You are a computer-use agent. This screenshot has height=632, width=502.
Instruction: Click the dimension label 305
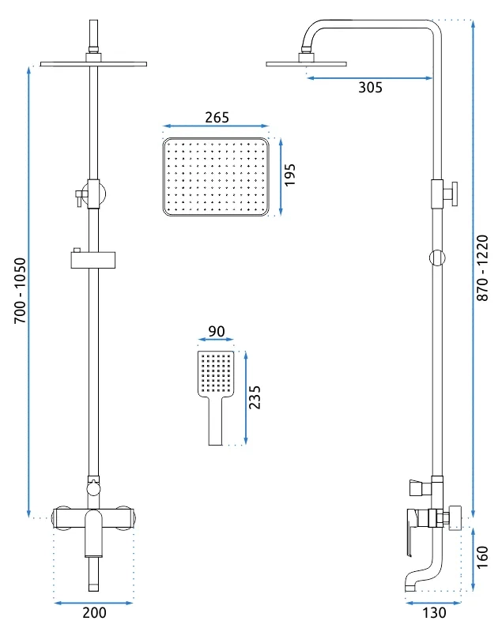coord(370,88)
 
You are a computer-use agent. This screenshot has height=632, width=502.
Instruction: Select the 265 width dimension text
coord(217,117)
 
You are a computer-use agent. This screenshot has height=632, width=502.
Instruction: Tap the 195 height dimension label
coord(289,175)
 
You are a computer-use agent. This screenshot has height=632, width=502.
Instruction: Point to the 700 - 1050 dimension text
coord(20,290)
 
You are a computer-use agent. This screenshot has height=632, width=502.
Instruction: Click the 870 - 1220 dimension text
coord(482,268)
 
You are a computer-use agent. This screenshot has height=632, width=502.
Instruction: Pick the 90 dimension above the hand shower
coord(217,331)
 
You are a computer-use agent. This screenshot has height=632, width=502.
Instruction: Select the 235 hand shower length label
coord(255,397)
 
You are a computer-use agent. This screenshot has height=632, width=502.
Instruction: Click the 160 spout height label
coord(482,558)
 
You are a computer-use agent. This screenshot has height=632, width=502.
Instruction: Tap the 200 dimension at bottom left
coord(94,613)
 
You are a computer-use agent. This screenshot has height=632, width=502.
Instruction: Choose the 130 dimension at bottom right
coord(434,613)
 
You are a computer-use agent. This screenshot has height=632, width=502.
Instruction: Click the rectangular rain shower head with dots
coord(216,177)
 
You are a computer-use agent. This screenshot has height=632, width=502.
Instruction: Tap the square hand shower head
coord(216,373)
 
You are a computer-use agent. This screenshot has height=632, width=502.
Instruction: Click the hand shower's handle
coord(216,421)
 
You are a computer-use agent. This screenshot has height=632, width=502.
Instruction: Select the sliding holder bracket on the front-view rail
coord(93,258)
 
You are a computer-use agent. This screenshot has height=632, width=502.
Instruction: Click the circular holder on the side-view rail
coord(437,258)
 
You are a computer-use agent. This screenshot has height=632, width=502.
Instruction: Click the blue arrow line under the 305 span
coord(369,77)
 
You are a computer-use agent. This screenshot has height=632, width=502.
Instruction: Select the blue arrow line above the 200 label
coord(93,603)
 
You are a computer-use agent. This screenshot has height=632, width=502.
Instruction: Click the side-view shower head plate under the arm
coord(307,64)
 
